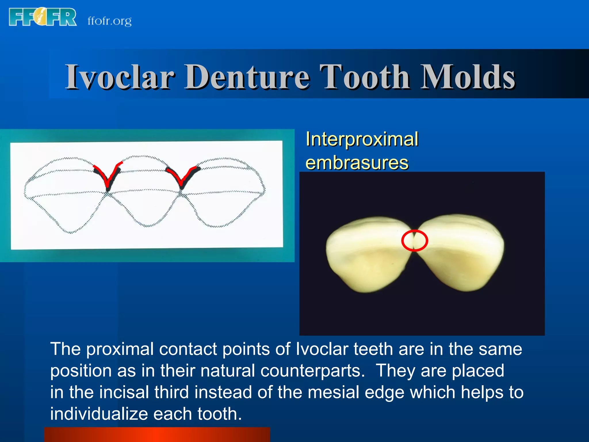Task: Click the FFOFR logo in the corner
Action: (x=43, y=17)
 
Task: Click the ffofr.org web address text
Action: (x=110, y=21)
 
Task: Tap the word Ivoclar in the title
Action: (x=120, y=77)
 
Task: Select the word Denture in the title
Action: (x=247, y=77)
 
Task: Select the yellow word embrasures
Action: (x=357, y=163)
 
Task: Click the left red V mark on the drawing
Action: (x=108, y=176)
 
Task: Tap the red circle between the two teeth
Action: (x=414, y=241)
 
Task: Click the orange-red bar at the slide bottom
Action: (x=157, y=435)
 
